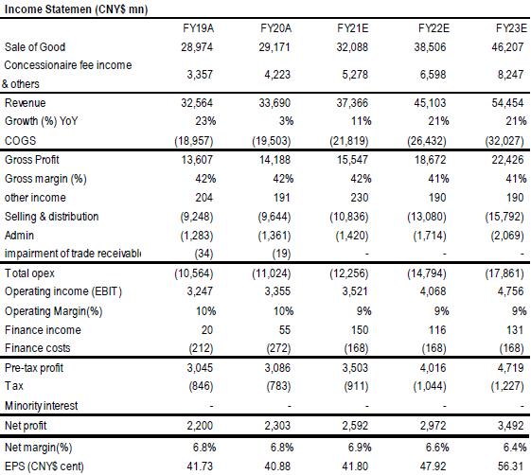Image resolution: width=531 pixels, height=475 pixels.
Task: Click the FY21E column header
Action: coord(352,28)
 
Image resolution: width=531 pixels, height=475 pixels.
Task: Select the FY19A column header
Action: coord(198,28)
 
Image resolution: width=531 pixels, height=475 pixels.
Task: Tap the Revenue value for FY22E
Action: coord(430,102)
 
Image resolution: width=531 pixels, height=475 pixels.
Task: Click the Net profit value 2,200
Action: coord(200,425)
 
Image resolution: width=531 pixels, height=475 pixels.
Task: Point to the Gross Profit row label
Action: coord(32,160)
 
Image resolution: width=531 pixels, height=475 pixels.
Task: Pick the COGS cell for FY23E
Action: coord(504,140)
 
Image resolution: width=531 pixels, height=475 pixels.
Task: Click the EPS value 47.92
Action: coord(433,466)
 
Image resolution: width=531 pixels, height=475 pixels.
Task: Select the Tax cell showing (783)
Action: coord(278,386)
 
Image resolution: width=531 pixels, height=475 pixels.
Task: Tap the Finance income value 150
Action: coord(360,330)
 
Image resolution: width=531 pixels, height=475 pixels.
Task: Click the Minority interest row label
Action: coord(41,405)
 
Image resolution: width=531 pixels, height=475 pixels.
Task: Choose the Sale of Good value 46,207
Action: coord(507,46)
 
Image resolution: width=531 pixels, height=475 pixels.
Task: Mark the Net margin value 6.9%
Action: coord(360,448)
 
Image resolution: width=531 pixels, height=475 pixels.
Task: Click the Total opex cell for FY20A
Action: coord(272,273)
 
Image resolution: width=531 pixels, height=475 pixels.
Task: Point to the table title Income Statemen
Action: coord(47,9)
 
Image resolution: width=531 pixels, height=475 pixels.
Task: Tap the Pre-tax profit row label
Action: coord(34,368)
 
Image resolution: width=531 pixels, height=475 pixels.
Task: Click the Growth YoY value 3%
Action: coord(286,121)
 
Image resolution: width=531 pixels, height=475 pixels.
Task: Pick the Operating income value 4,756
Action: coord(510,291)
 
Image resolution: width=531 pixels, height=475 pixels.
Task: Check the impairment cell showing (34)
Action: coord(204,254)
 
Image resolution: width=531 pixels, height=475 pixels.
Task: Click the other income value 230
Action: coord(360,198)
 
